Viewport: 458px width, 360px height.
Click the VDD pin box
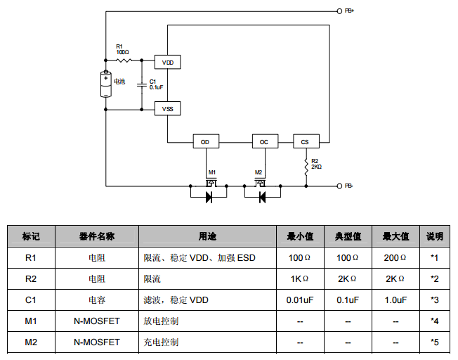click(167, 63)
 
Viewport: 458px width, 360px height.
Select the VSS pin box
click(167, 109)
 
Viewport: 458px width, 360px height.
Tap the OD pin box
click(205, 141)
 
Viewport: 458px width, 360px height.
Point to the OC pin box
click(263, 141)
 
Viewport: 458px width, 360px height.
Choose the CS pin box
click(305, 141)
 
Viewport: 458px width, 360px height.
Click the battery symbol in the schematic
click(106, 84)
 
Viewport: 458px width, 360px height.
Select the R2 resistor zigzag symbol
click(306, 166)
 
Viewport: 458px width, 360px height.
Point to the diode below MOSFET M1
click(209, 197)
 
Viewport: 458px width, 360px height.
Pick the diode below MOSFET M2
click(262, 197)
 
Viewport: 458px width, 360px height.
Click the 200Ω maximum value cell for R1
click(395, 258)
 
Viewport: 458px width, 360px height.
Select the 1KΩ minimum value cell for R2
click(300, 279)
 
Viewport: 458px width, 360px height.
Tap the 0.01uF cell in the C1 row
click(300, 300)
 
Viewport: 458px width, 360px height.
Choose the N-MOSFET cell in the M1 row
click(97, 321)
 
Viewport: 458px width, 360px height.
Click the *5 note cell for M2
click(434, 342)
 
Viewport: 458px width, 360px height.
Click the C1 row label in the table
click(31, 300)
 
